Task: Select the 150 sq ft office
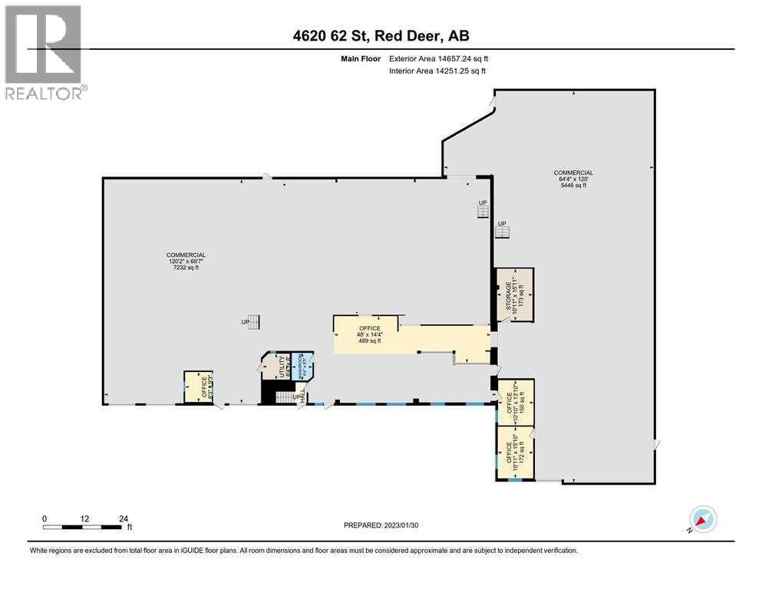pos(515,401)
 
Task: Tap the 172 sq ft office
pos(515,453)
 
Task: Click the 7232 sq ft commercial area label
pos(187,262)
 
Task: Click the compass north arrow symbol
pos(702,518)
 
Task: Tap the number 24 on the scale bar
pos(124,518)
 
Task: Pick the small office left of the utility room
pos(197,387)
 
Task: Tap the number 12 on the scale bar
pos(84,518)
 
